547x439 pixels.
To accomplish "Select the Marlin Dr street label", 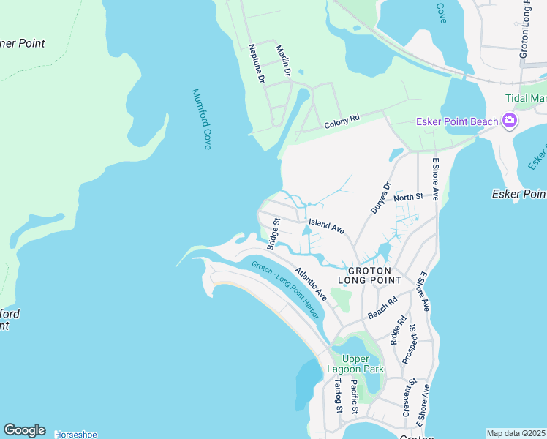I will [x=283, y=61].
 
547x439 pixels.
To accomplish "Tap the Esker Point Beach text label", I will [x=457, y=121].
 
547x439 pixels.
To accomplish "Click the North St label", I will [x=409, y=197].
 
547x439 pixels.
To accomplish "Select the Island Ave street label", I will [x=326, y=226].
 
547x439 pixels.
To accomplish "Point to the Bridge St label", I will [x=273, y=234].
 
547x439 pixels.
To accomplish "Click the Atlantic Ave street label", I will [x=311, y=284].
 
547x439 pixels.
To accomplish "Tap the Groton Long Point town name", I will [x=369, y=274].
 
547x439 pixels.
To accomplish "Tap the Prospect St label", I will [x=409, y=344].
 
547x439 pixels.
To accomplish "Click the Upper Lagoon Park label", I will [x=364, y=364].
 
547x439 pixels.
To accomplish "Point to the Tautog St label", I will [x=338, y=399].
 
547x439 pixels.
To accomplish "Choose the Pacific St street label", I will [x=354, y=397].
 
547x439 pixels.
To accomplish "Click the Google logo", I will [x=24, y=430].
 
